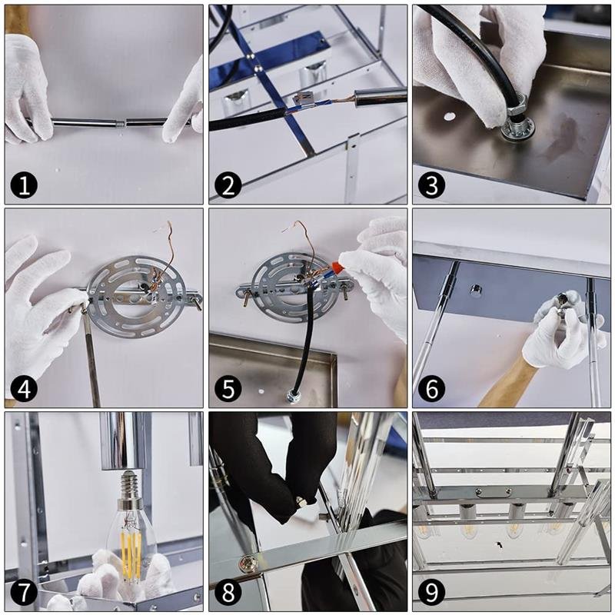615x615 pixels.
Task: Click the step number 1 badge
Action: [25, 184]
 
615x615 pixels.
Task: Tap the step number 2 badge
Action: [228, 184]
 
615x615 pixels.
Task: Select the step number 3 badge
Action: [432, 184]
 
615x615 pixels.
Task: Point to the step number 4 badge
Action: [25, 389]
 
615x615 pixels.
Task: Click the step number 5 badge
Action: [228, 389]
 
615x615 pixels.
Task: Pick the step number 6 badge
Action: [432, 389]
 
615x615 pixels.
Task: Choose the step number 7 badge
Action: [25, 592]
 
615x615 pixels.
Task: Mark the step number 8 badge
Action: [228, 592]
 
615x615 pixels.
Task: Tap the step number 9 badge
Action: [432, 592]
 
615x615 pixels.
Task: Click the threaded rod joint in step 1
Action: [121, 124]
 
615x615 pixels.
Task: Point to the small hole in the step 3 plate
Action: [449, 117]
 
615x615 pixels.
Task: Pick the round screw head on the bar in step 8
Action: [248, 563]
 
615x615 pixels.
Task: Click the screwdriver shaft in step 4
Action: [91, 357]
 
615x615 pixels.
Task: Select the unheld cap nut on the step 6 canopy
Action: [475, 291]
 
